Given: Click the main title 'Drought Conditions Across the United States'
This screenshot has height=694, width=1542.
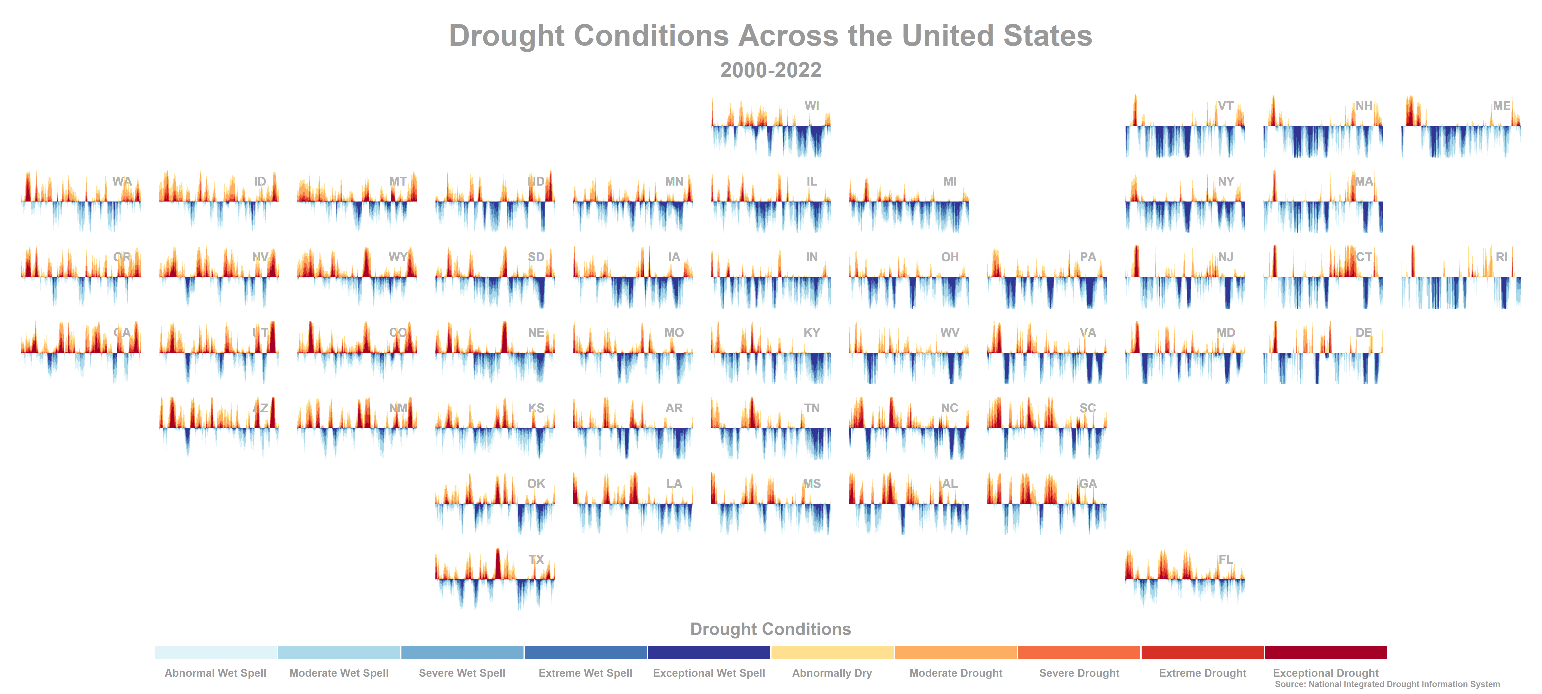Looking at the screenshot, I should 770,36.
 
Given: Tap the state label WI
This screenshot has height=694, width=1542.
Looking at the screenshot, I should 812,106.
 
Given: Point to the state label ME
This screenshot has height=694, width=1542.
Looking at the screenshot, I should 1501,106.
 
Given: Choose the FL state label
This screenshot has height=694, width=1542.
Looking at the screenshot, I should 1225,559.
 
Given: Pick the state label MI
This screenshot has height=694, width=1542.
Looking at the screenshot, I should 950,181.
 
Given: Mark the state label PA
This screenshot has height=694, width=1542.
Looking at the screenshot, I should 1088,257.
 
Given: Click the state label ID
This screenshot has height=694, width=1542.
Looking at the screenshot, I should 260,181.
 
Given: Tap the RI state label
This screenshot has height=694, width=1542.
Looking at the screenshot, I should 1501,257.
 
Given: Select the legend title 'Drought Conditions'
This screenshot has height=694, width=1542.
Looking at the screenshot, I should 770,629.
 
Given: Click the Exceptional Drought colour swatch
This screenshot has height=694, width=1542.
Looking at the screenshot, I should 1325,652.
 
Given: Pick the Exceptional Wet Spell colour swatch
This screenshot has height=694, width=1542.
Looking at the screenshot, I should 709,652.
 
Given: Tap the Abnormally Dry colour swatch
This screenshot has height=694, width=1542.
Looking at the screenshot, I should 832,652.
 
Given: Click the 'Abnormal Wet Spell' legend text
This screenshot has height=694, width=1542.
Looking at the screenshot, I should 216,673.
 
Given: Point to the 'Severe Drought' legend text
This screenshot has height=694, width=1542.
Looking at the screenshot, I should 1079,673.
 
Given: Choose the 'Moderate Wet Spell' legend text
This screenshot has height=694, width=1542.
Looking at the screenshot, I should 339,673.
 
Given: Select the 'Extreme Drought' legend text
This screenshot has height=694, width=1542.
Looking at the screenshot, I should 1202,673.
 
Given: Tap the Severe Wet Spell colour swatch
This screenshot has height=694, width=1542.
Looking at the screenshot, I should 462,652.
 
